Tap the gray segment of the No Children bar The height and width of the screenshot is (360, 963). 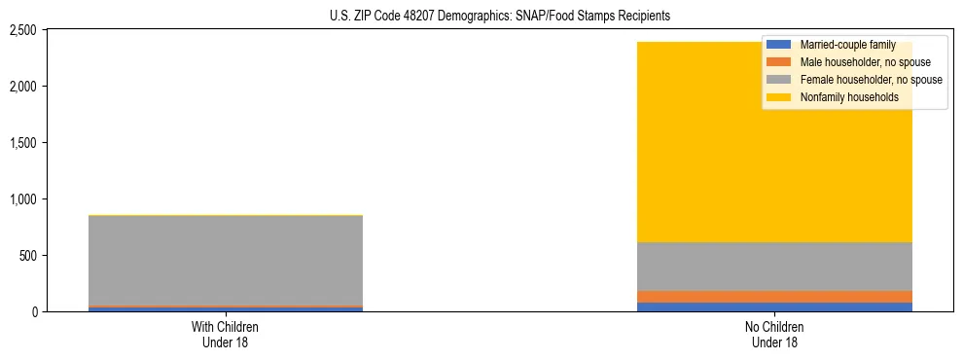775,266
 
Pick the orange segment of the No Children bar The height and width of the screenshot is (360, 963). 775,297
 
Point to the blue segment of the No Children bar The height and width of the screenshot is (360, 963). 775,307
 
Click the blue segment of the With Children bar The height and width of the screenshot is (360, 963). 226,309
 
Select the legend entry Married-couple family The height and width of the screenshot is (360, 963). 847,46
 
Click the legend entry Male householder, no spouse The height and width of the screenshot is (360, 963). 865,63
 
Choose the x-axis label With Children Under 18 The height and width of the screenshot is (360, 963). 226,335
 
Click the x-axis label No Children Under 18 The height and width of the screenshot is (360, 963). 775,335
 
